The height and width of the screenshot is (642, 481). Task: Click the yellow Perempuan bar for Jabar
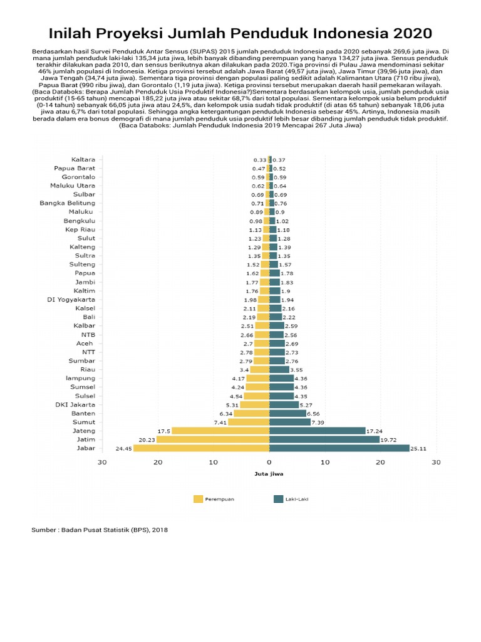click(201, 448)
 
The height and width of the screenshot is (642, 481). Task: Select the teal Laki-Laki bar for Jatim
click(324, 439)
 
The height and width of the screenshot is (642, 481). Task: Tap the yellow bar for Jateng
click(220, 431)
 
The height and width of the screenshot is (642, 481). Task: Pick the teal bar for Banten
click(287, 413)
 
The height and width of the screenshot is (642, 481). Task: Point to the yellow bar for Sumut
click(249, 422)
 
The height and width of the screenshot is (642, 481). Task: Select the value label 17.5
click(164, 431)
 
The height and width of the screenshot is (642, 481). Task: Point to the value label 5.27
click(306, 404)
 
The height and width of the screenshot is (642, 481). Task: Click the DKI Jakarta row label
click(75, 404)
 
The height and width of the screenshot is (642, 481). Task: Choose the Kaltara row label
click(83, 159)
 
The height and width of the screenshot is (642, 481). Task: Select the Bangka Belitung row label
click(68, 203)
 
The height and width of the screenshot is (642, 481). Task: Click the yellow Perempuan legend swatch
click(199, 499)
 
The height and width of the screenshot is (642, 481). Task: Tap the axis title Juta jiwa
click(269, 473)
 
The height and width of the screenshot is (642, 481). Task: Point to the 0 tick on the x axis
click(269, 463)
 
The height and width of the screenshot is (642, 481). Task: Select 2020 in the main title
click(409, 33)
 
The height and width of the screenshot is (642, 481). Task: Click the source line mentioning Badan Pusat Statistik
click(100, 530)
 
